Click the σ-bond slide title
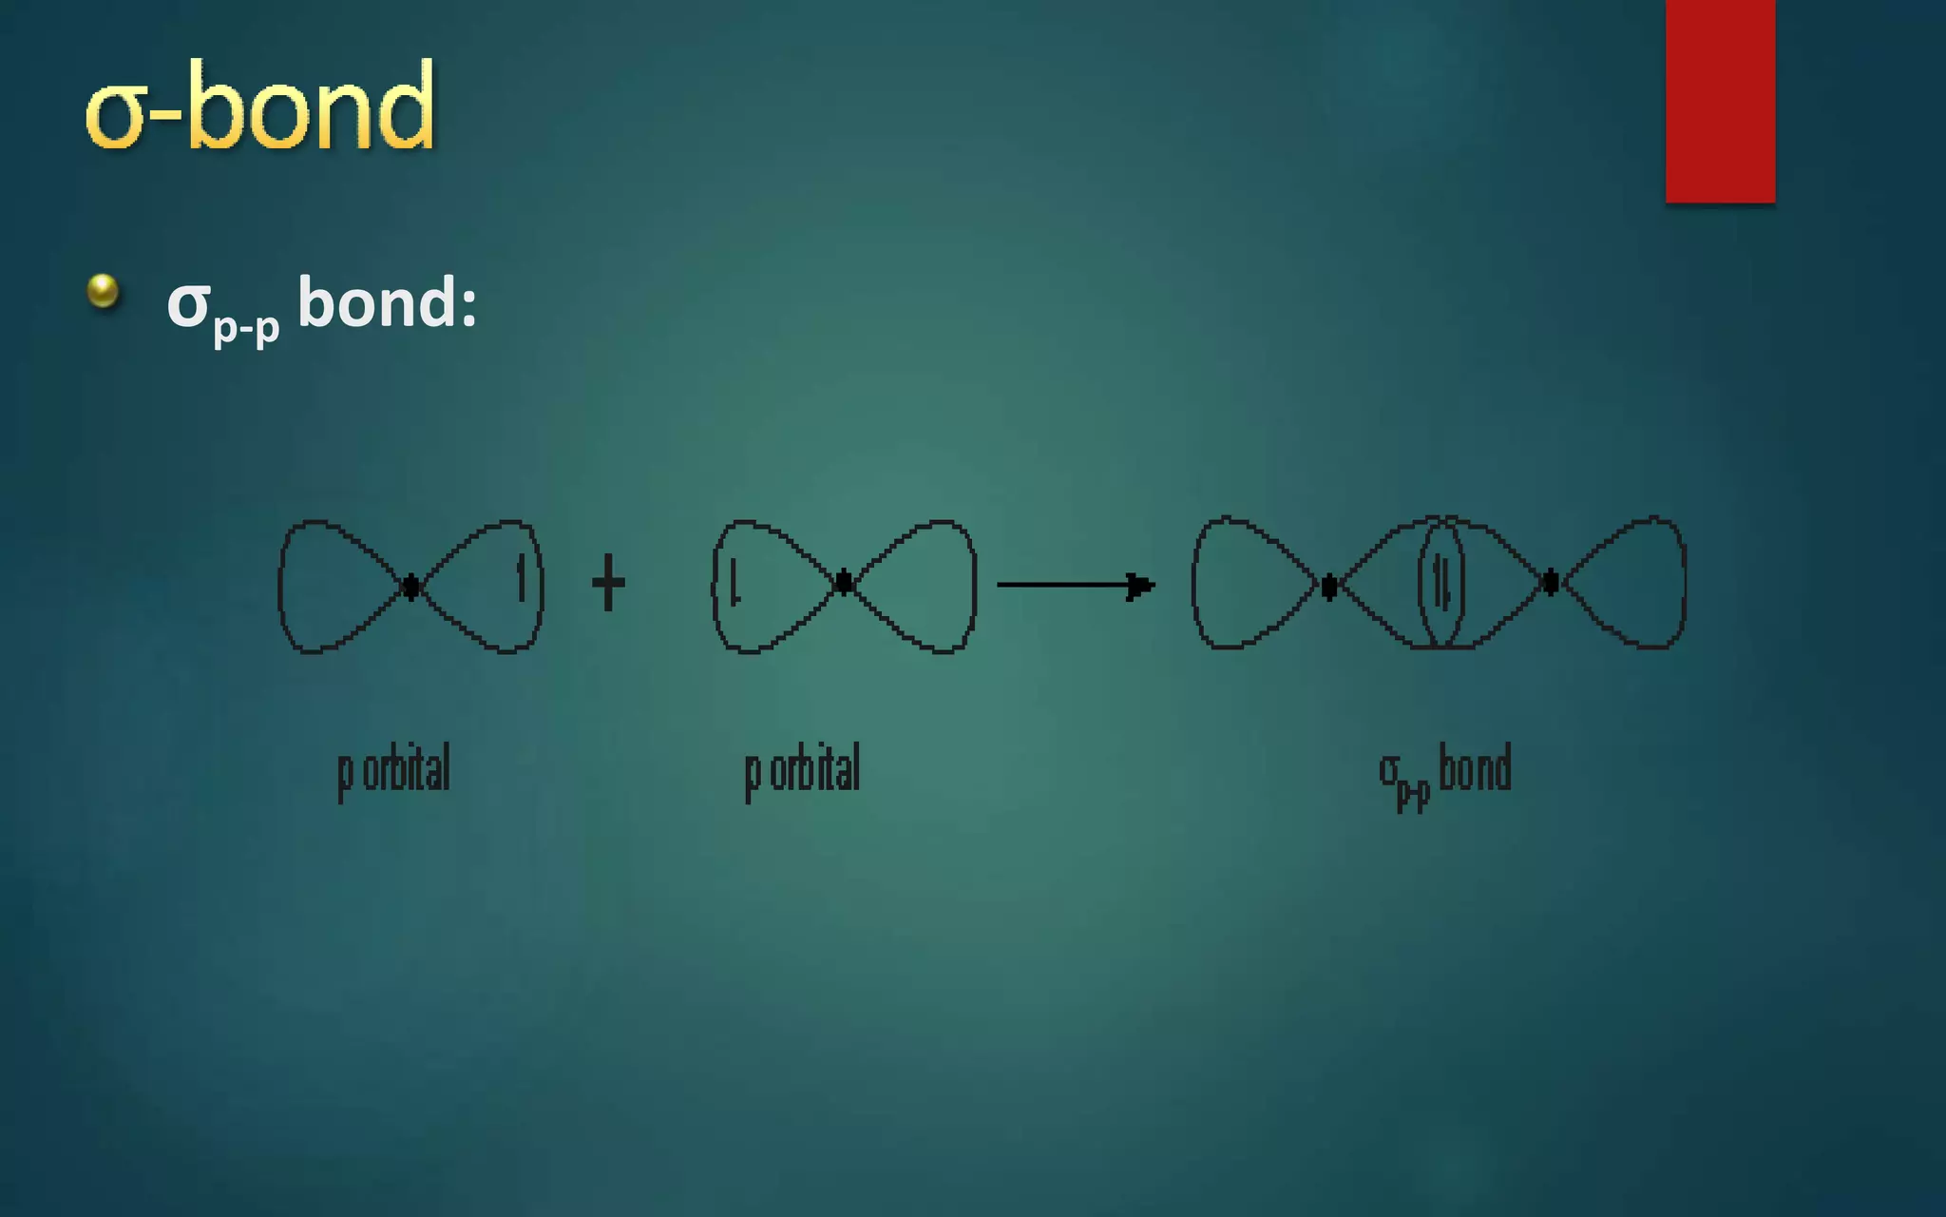coord(259,106)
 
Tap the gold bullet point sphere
coord(103,291)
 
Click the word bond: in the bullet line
coord(387,303)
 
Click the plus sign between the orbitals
coord(608,583)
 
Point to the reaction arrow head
coord(1140,585)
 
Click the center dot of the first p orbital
coord(410,586)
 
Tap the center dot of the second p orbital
coord(844,583)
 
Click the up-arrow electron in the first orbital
coord(521,578)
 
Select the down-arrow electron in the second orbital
coord(735,582)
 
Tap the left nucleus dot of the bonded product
coord(1329,586)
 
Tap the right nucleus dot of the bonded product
coord(1551,582)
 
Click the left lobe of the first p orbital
coord(328,586)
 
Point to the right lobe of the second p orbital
coord(922,586)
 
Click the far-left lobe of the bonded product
coord(1245,584)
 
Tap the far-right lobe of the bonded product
coord(1634,582)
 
